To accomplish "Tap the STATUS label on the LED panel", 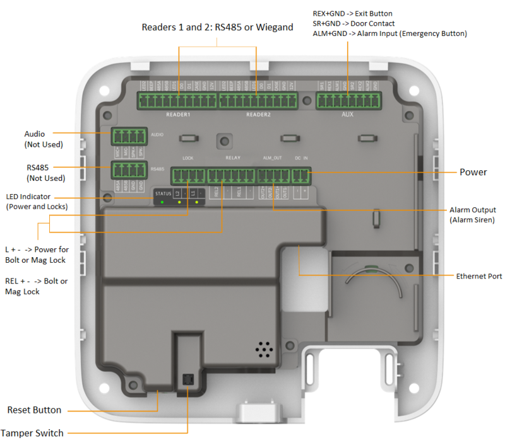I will pos(163,192).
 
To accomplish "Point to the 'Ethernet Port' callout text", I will pos(479,276).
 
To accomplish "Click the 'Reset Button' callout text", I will pos(34,410).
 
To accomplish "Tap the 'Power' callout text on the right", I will pos(473,172).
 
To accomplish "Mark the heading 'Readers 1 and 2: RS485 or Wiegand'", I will pos(217,28).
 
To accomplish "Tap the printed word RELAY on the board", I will pos(233,158).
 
